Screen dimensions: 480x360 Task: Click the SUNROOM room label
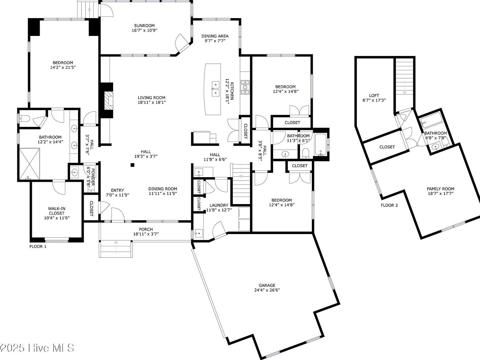pos(144,26)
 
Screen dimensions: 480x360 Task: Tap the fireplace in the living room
pos(108,101)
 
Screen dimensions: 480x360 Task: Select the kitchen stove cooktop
pos(245,87)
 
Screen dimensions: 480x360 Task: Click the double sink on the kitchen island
pos(216,89)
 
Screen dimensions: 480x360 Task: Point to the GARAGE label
pos(267,285)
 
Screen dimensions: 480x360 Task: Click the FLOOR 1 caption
pos(38,246)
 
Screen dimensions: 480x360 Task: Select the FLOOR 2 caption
pos(389,205)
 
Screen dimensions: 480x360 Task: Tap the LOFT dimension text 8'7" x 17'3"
pos(374,100)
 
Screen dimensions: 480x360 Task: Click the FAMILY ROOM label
pos(440,189)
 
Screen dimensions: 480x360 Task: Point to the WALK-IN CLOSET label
pos(57,211)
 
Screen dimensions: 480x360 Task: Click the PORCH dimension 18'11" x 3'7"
pos(146,234)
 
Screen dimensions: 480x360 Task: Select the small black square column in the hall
pos(132,165)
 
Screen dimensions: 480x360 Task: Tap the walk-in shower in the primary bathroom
pos(29,164)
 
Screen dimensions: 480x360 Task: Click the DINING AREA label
pos(215,36)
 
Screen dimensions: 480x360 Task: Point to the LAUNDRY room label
pos(219,205)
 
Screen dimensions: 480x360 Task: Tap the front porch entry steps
pos(116,249)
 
